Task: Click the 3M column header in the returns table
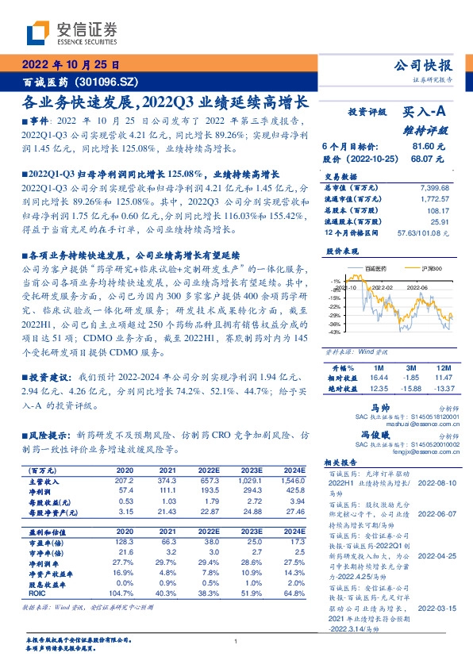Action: (410, 369)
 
